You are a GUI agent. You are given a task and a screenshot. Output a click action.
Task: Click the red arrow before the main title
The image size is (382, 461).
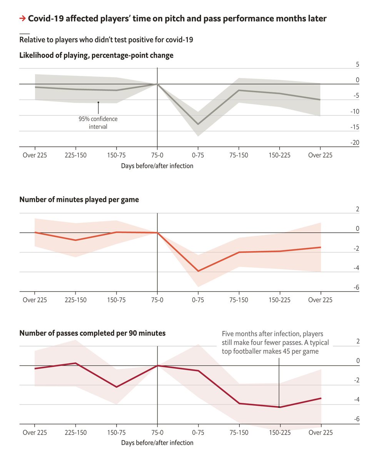tap(23, 18)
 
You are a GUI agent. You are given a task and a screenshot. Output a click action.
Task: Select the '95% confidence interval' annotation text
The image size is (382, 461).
tap(98, 123)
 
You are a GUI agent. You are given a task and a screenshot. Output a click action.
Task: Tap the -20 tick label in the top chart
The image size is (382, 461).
tap(355, 143)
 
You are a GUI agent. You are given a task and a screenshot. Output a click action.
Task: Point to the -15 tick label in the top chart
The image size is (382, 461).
tap(355, 127)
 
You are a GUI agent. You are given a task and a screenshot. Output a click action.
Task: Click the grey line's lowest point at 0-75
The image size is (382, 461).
tap(198, 124)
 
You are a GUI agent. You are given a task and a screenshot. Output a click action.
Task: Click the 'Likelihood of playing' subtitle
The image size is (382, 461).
tap(96, 55)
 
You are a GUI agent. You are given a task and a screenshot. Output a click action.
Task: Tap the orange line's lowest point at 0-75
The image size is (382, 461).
tap(198, 271)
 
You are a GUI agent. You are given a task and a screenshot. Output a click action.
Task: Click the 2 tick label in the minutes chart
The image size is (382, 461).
tap(357, 209)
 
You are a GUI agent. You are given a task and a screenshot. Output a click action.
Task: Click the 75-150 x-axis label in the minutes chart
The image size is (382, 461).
tap(239, 300)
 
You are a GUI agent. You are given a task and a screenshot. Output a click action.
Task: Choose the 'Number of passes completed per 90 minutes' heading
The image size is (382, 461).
tap(92, 333)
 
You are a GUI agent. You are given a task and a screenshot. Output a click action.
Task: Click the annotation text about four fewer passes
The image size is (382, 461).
tap(275, 342)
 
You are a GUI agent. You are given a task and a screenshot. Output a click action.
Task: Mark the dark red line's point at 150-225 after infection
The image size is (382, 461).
tap(280, 407)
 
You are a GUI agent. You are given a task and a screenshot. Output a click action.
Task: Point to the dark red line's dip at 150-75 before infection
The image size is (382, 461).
tap(116, 387)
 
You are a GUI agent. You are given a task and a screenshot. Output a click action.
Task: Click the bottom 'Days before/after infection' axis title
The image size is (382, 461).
tap(157, 443)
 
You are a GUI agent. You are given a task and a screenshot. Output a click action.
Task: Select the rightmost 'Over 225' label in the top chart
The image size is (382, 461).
tap(320, 155)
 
